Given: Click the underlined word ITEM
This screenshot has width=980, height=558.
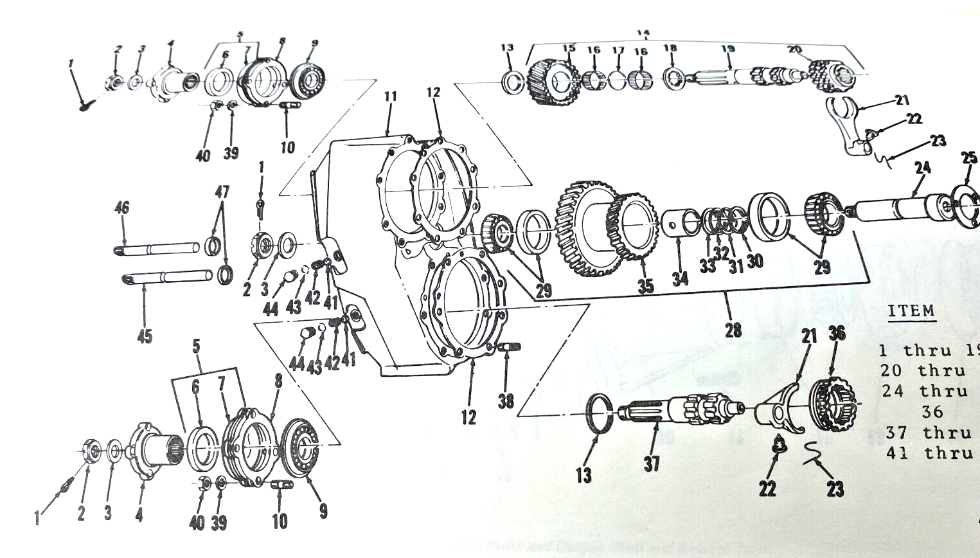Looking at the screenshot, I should point(911,311).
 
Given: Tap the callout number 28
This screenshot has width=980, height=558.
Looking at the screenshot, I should point(733,330).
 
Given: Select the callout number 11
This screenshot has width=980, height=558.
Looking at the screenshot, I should point(390,97).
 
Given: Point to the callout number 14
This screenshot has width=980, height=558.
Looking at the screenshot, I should point(643,32).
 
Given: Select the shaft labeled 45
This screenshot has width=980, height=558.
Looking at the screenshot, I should point(167,277).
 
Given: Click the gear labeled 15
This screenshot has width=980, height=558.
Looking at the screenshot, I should point(551,80).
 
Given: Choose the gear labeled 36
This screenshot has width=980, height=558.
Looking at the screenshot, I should point(829,405).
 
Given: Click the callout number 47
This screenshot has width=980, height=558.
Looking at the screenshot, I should point(222,192).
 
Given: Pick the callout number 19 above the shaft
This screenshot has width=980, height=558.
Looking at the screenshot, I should point(727,49).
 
